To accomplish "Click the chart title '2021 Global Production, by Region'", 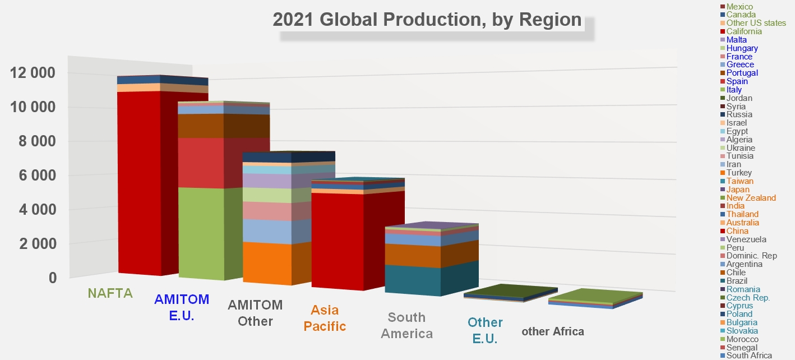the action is [427, 20].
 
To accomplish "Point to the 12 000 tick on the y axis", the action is [33, 73].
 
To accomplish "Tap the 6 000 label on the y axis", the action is [37, 176].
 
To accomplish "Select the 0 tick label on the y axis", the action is [53, 278].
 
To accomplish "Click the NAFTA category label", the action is [110, 293].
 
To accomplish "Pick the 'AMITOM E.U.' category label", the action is [182, 307].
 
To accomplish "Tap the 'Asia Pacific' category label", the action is [325, 318].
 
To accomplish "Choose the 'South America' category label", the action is [406, 326].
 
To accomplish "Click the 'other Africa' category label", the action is [553, 331].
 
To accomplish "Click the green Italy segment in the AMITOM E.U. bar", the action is [201, 233].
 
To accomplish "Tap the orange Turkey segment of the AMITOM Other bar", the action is [267, 264].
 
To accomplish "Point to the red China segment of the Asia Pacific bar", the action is [338, 242].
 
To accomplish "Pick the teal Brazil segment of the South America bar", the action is [413, 280].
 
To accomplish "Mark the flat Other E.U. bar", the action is [510, 293].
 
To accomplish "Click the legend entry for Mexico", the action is [739, 6].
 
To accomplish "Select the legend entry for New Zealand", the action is [747, 198].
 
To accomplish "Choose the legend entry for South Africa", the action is [746, 356].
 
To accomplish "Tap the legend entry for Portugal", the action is [739, 73].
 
